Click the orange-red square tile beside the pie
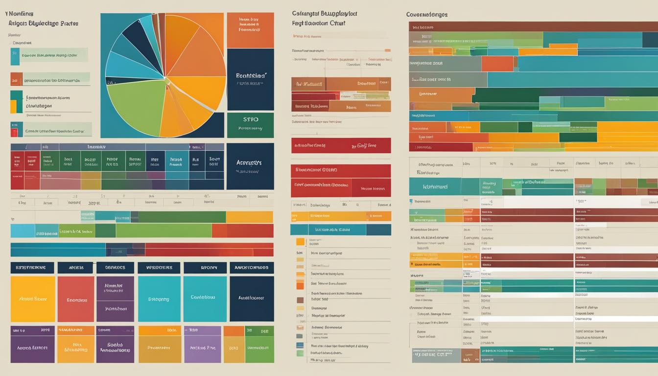250,30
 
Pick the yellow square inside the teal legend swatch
13,106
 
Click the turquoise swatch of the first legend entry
15,57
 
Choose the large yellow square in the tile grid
33,299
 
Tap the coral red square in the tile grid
76,299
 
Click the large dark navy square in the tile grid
252,299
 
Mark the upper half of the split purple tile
115,288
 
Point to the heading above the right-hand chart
427,15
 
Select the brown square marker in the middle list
300,300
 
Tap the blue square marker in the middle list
300,336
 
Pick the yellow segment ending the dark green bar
249,217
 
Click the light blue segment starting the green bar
23,231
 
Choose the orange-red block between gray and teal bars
497,64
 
